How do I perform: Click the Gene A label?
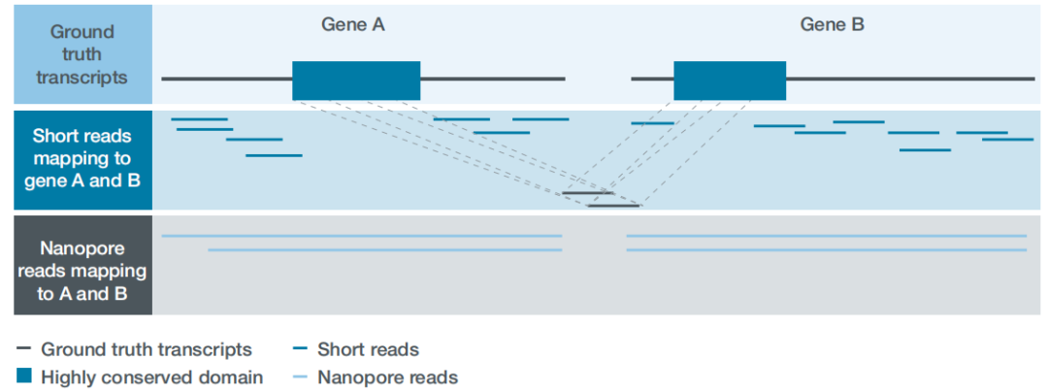coord(353,25)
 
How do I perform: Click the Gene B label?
coord(832,25)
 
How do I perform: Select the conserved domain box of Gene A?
coord(356,81)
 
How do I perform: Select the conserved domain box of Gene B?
coord(730,81)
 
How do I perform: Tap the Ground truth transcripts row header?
coord(82,54)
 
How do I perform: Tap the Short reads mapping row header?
coord(82,158)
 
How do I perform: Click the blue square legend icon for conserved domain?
coord(24,376)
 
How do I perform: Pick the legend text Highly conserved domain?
coord(151,376)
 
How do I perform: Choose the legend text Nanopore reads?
coord(387,376)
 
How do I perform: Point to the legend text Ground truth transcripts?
coord(146,348)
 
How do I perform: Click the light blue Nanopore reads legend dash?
coord(301,376)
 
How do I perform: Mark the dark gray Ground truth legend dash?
coord(24,348)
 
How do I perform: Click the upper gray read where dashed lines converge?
coord(587,194)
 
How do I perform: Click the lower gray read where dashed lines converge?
coord(613,206)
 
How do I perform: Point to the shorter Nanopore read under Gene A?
coord(384,250)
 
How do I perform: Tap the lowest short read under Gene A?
coord(274,155)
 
